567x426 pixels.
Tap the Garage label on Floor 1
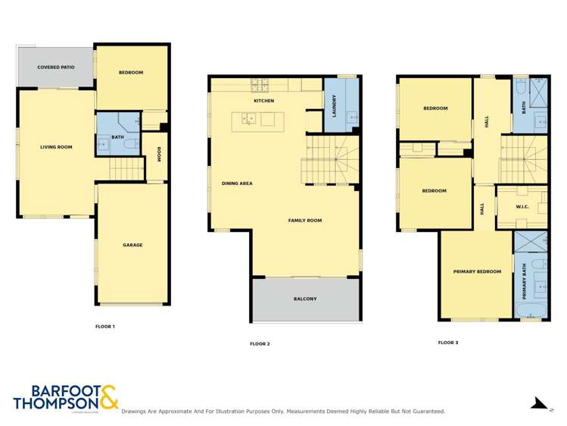click(x=132, y=245)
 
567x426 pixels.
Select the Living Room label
click(x=56, y=146)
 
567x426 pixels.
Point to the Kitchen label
click(x=263, y=101)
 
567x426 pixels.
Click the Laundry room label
click(x=334, y=106)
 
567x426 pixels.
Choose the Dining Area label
click(x=236, y=183)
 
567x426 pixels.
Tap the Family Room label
click(x=305, y=221)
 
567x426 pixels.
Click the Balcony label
click(x=305, y=299)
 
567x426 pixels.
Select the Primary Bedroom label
click(x=477, y=271)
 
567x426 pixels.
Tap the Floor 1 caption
click(x=104, y=327)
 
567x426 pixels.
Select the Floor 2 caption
click(x=260, y=343)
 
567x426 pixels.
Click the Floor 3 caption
click(x=447, y=343)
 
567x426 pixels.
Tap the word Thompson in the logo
click(x=55, y=404)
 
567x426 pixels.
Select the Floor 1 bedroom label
click(x=131, y=72)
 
